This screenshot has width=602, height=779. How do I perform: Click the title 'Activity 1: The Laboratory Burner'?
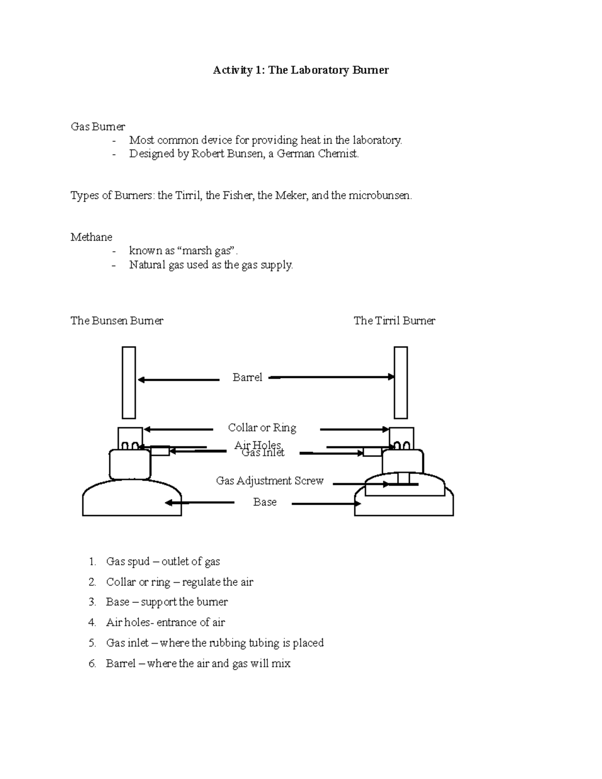tap(300, 70)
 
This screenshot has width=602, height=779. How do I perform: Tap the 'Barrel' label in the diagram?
tap(247, 378)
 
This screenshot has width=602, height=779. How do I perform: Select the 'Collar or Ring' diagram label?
tap(262, 428)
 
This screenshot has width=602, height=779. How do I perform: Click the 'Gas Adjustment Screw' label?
tap(269, 481)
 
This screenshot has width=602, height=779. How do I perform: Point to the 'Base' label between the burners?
tap(264, 502)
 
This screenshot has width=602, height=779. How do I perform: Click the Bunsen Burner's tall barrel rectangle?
tap(129, 382)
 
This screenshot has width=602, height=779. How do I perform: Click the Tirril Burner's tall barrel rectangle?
tap(400, 382)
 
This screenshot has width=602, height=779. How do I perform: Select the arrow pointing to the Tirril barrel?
tap(331, 377)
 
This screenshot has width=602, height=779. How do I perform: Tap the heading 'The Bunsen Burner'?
tap(117, 321)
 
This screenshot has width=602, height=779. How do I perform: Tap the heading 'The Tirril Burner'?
tap(394, 321)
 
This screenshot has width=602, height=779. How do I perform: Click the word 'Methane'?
tap(91, 237)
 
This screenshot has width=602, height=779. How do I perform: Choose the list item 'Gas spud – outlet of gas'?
tap(163, 562)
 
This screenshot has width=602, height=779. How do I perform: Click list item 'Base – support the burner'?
tap(167, 602)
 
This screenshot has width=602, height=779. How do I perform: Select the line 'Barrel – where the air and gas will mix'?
tap(198, 664)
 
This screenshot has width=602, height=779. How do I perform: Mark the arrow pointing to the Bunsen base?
tap(199, 503)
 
